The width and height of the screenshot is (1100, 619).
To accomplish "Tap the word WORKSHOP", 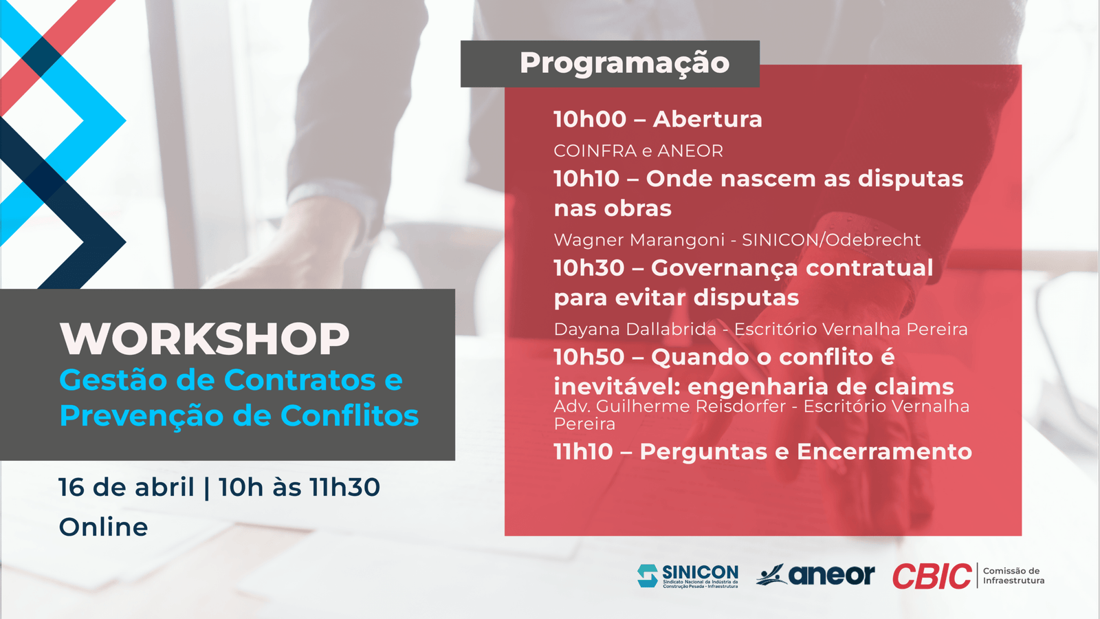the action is pyautogui.click(x=205, y=338).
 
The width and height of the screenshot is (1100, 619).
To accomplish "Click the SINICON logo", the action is pyautogui.click(x=687, y=576).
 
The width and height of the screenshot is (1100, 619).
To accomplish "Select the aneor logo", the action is pyautogui.click(x=815, y=575).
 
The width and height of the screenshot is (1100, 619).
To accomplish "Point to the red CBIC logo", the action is pyautogui.click(x=932, y=576).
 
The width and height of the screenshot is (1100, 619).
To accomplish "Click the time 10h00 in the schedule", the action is pyautogui.click(x=590, y=120).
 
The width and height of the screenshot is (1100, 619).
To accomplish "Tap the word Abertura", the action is pyautogui.click(x=707, y=120).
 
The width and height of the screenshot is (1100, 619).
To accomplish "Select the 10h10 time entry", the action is pyautogui.click(x=586, y=179).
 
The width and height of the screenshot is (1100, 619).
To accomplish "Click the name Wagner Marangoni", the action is pyautogui.click(x=639, y=240).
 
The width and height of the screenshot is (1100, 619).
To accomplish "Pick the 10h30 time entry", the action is pyautogui.click(x=588, y=268).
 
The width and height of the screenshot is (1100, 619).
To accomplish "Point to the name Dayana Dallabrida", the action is pyautogui.click(x=635, y=329).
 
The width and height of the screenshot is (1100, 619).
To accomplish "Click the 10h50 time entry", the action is pyautogui.click(x=588, y=357).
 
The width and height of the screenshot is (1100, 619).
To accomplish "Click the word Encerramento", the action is pyautogui.click(x=884, y=452).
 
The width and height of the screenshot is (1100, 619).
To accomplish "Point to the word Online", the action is pyautogui.click(x=103, y=527).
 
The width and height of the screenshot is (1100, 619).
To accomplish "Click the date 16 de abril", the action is pyautogui.click(x=126, y=488).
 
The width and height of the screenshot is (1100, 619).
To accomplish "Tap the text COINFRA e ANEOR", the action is pyautogui.click(x=639, y=151).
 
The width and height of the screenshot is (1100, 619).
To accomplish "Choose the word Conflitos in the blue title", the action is pyautogui.click(x=349, y=415).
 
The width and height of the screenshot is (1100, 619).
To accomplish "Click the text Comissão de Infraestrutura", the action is pyautogui.click(x=1013, y=576).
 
